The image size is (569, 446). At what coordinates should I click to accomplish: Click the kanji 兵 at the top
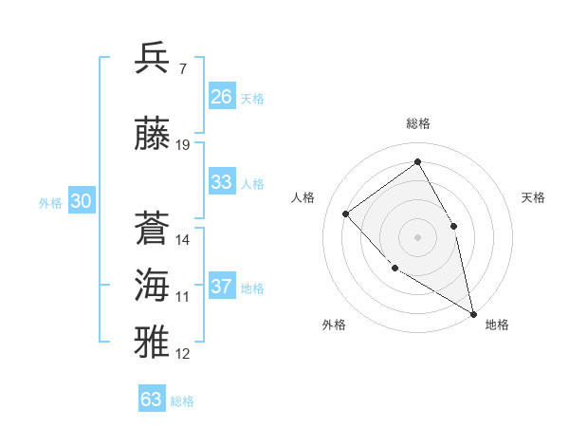(x=153, y=59)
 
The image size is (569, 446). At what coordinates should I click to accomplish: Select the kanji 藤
(x=153, y=133)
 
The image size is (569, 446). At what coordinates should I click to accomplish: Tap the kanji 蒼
(x=153, y=229)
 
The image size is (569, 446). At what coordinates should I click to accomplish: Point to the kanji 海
(x=153, y=286)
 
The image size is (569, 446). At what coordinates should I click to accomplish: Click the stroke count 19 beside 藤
(x=183, y=145)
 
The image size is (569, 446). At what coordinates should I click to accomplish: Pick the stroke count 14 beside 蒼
(x=183, y=240)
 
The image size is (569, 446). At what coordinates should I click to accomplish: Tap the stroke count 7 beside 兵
(x=182, y=69)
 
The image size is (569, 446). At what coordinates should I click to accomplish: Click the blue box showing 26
(x=222, y=97)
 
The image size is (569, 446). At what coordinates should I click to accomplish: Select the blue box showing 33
(x=222, y=182)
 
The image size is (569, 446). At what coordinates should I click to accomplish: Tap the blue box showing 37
(x=222, y=287)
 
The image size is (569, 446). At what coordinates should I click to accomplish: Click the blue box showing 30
(x=81, y=201)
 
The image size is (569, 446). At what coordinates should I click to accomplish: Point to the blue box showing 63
(x=152, y=400)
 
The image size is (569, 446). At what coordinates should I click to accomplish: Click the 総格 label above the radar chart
(x=418, y=124)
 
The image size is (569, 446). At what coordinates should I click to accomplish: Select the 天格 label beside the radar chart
(x=533, y=197)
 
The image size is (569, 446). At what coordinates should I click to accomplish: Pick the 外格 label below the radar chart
(x=334, y=325)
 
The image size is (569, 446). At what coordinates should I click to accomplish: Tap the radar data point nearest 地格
(x=473, y=313)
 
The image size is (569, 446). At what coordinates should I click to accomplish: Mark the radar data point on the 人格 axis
(x=346, y=214)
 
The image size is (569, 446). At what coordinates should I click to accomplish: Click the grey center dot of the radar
(x=417, y=236)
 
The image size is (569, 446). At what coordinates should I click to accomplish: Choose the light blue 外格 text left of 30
(x=50, y=202)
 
